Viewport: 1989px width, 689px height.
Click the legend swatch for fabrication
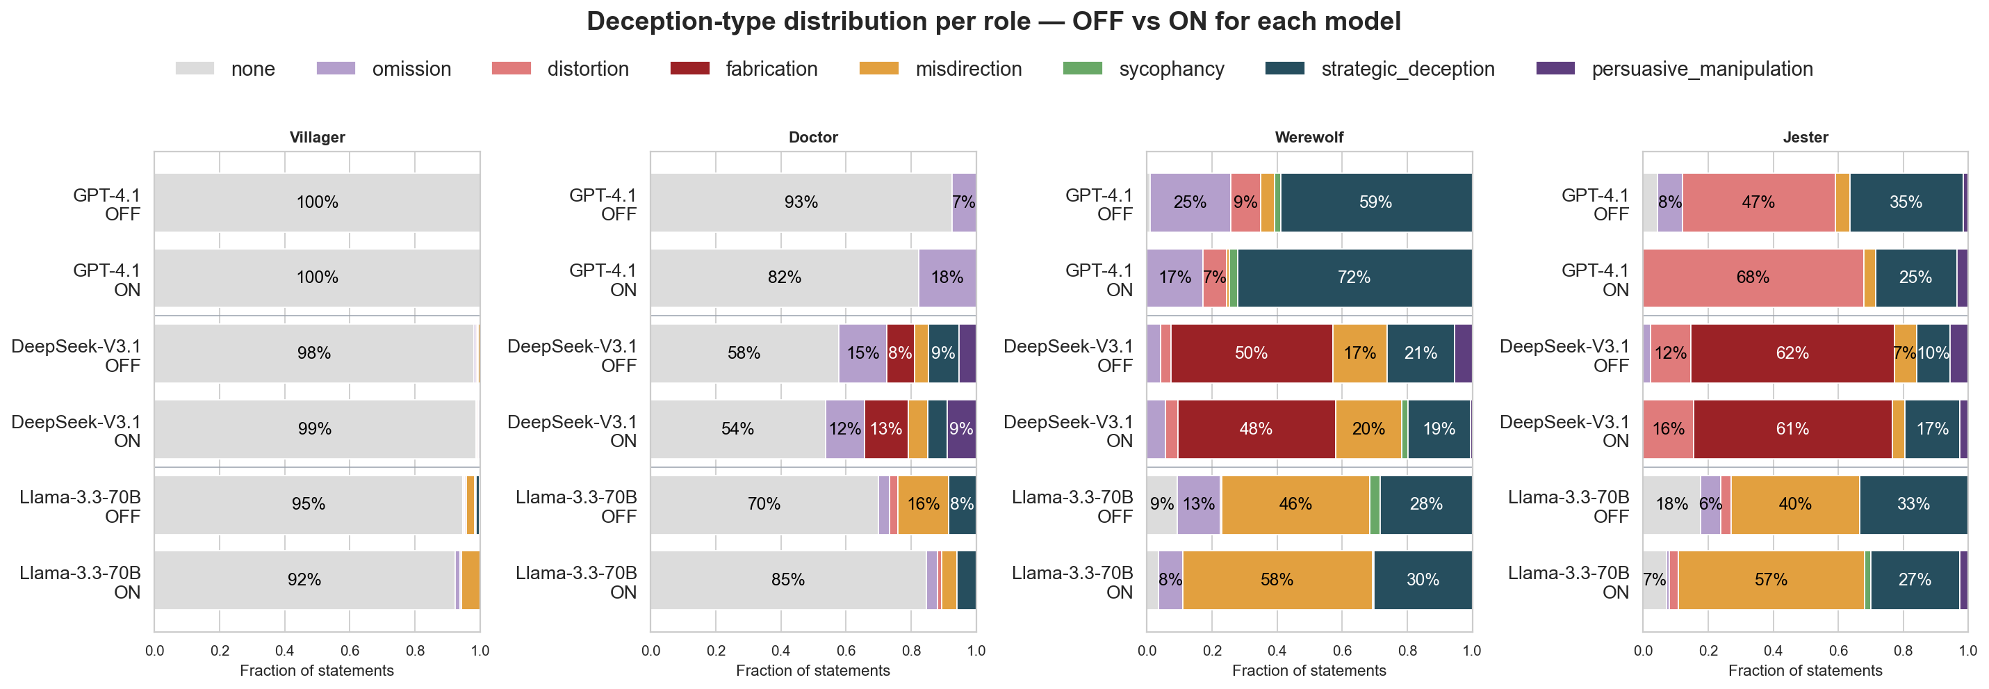tap(689, 68)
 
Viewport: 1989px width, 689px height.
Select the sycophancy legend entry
tap(1143, 68)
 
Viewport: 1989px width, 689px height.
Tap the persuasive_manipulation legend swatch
tap(1555, 68)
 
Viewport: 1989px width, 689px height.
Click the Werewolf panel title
tap(1309, 137)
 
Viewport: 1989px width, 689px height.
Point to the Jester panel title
tap(1806, 137)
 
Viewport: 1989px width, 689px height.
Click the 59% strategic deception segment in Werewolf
tap(1376, 202)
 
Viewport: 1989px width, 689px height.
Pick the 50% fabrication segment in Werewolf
tap(1252, 353)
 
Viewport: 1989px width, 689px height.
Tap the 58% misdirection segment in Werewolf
tap(1278, 580)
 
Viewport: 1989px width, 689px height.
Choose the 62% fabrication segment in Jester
tap(1792, 353)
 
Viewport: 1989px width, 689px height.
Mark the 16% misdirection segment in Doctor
tap(923, 504)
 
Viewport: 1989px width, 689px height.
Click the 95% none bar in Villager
tap(308, 504)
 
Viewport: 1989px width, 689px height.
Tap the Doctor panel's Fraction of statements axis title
tap(813, 670)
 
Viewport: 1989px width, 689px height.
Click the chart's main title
tap(994, 21)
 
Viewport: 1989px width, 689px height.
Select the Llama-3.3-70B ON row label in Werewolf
tap(1072, 583)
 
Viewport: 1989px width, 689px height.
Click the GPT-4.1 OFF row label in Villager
tap(106, 204)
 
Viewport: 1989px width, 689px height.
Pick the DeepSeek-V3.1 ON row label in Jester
tap(1564, 431)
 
